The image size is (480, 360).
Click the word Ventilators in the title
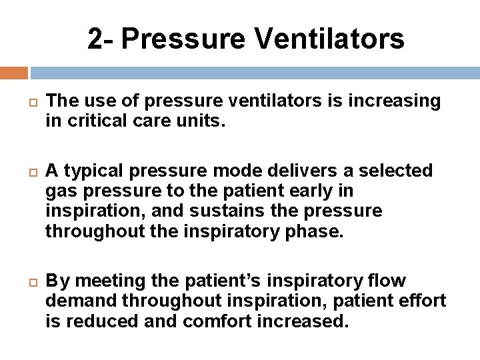coord(329,39)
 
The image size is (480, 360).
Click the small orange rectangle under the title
coord(14,73)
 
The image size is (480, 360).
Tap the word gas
coord(61,191)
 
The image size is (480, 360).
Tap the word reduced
coord(100,321)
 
